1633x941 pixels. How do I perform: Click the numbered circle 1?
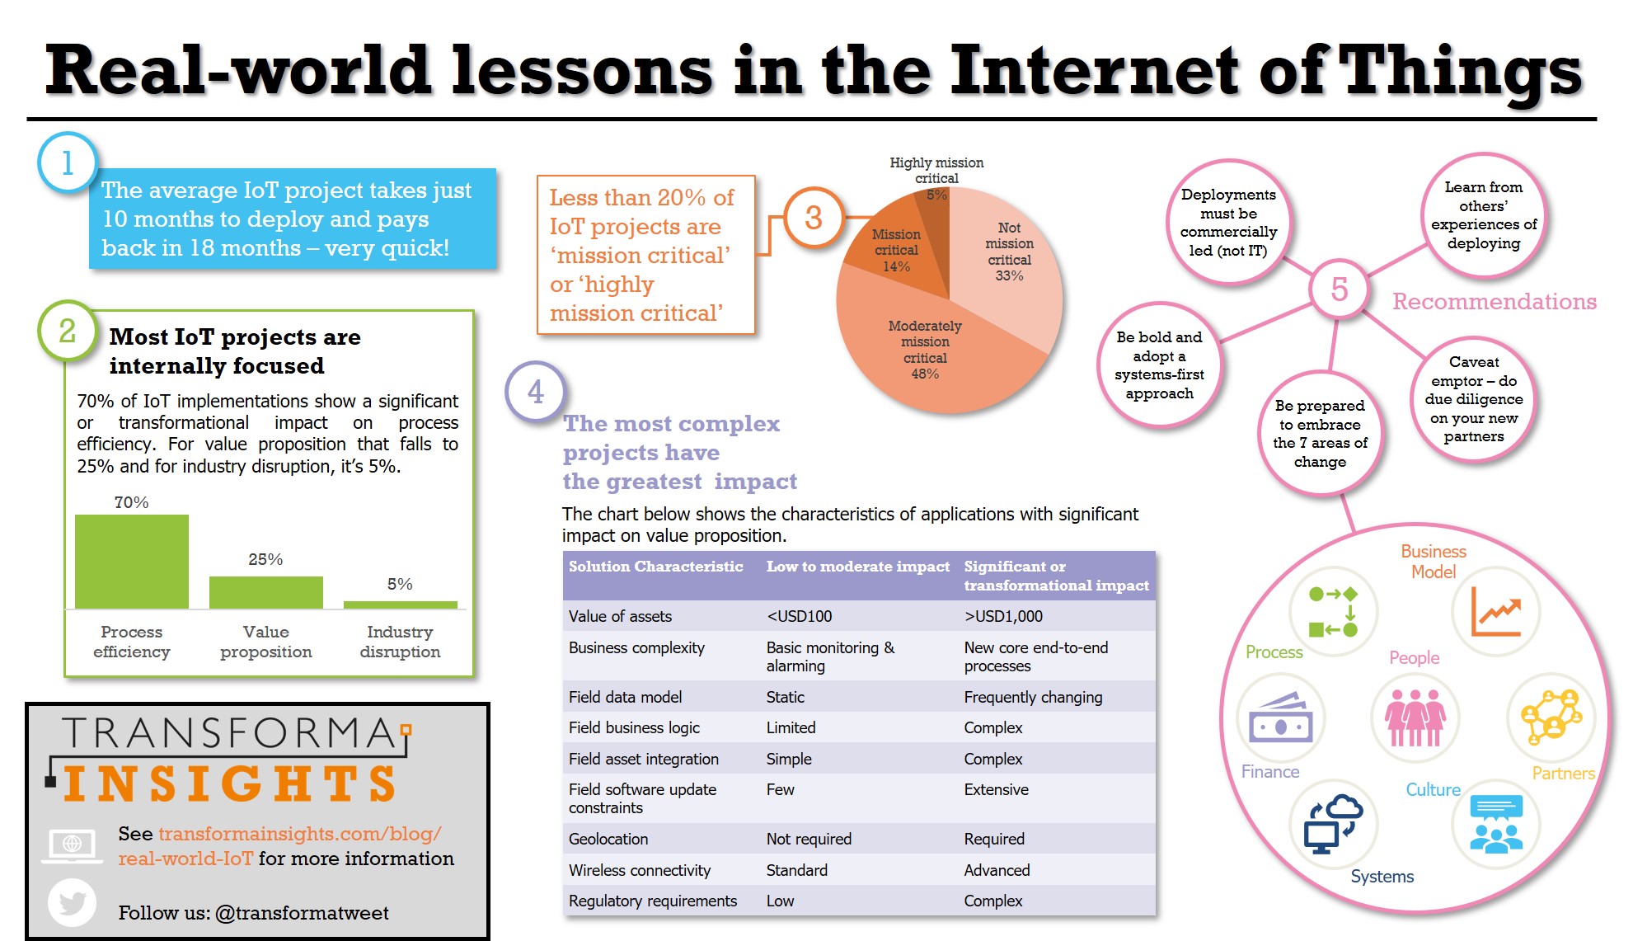pyautogui.click(x=68, y=162)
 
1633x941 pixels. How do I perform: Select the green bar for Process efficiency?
pyautogui.click(x=132, y=562)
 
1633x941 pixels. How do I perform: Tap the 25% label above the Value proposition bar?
pyautogui.click(x=265, y=559)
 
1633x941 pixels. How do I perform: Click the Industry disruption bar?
pyautogui.click(x=400, y=605)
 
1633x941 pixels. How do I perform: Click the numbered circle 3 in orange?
pyautogui.click(x=814, y=218)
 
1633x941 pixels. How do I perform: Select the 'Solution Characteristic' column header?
pyautogui.click(x=655, y=567)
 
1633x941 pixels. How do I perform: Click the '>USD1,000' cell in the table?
pyautogui.click(x=1003, y=616)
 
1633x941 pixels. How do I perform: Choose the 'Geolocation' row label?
pyautogui.click(x=608, y=839)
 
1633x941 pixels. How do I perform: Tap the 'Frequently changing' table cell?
pyautogui.click(x=1033, y=697)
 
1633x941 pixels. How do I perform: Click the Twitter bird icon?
pyautogui.click(x=73, y=903)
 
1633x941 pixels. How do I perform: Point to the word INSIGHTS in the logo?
pyautogui.click(x=230, y=783)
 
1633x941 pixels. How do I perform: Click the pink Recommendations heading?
pyautogui.click(x=1495, y=302)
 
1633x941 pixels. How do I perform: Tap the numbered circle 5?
pyautogui.click(x=1340, y=289)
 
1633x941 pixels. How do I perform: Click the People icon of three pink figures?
pyautogui.click(x=1415, y=718)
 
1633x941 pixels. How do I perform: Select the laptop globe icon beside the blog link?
pyautogui.click(x=72, y=845)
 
